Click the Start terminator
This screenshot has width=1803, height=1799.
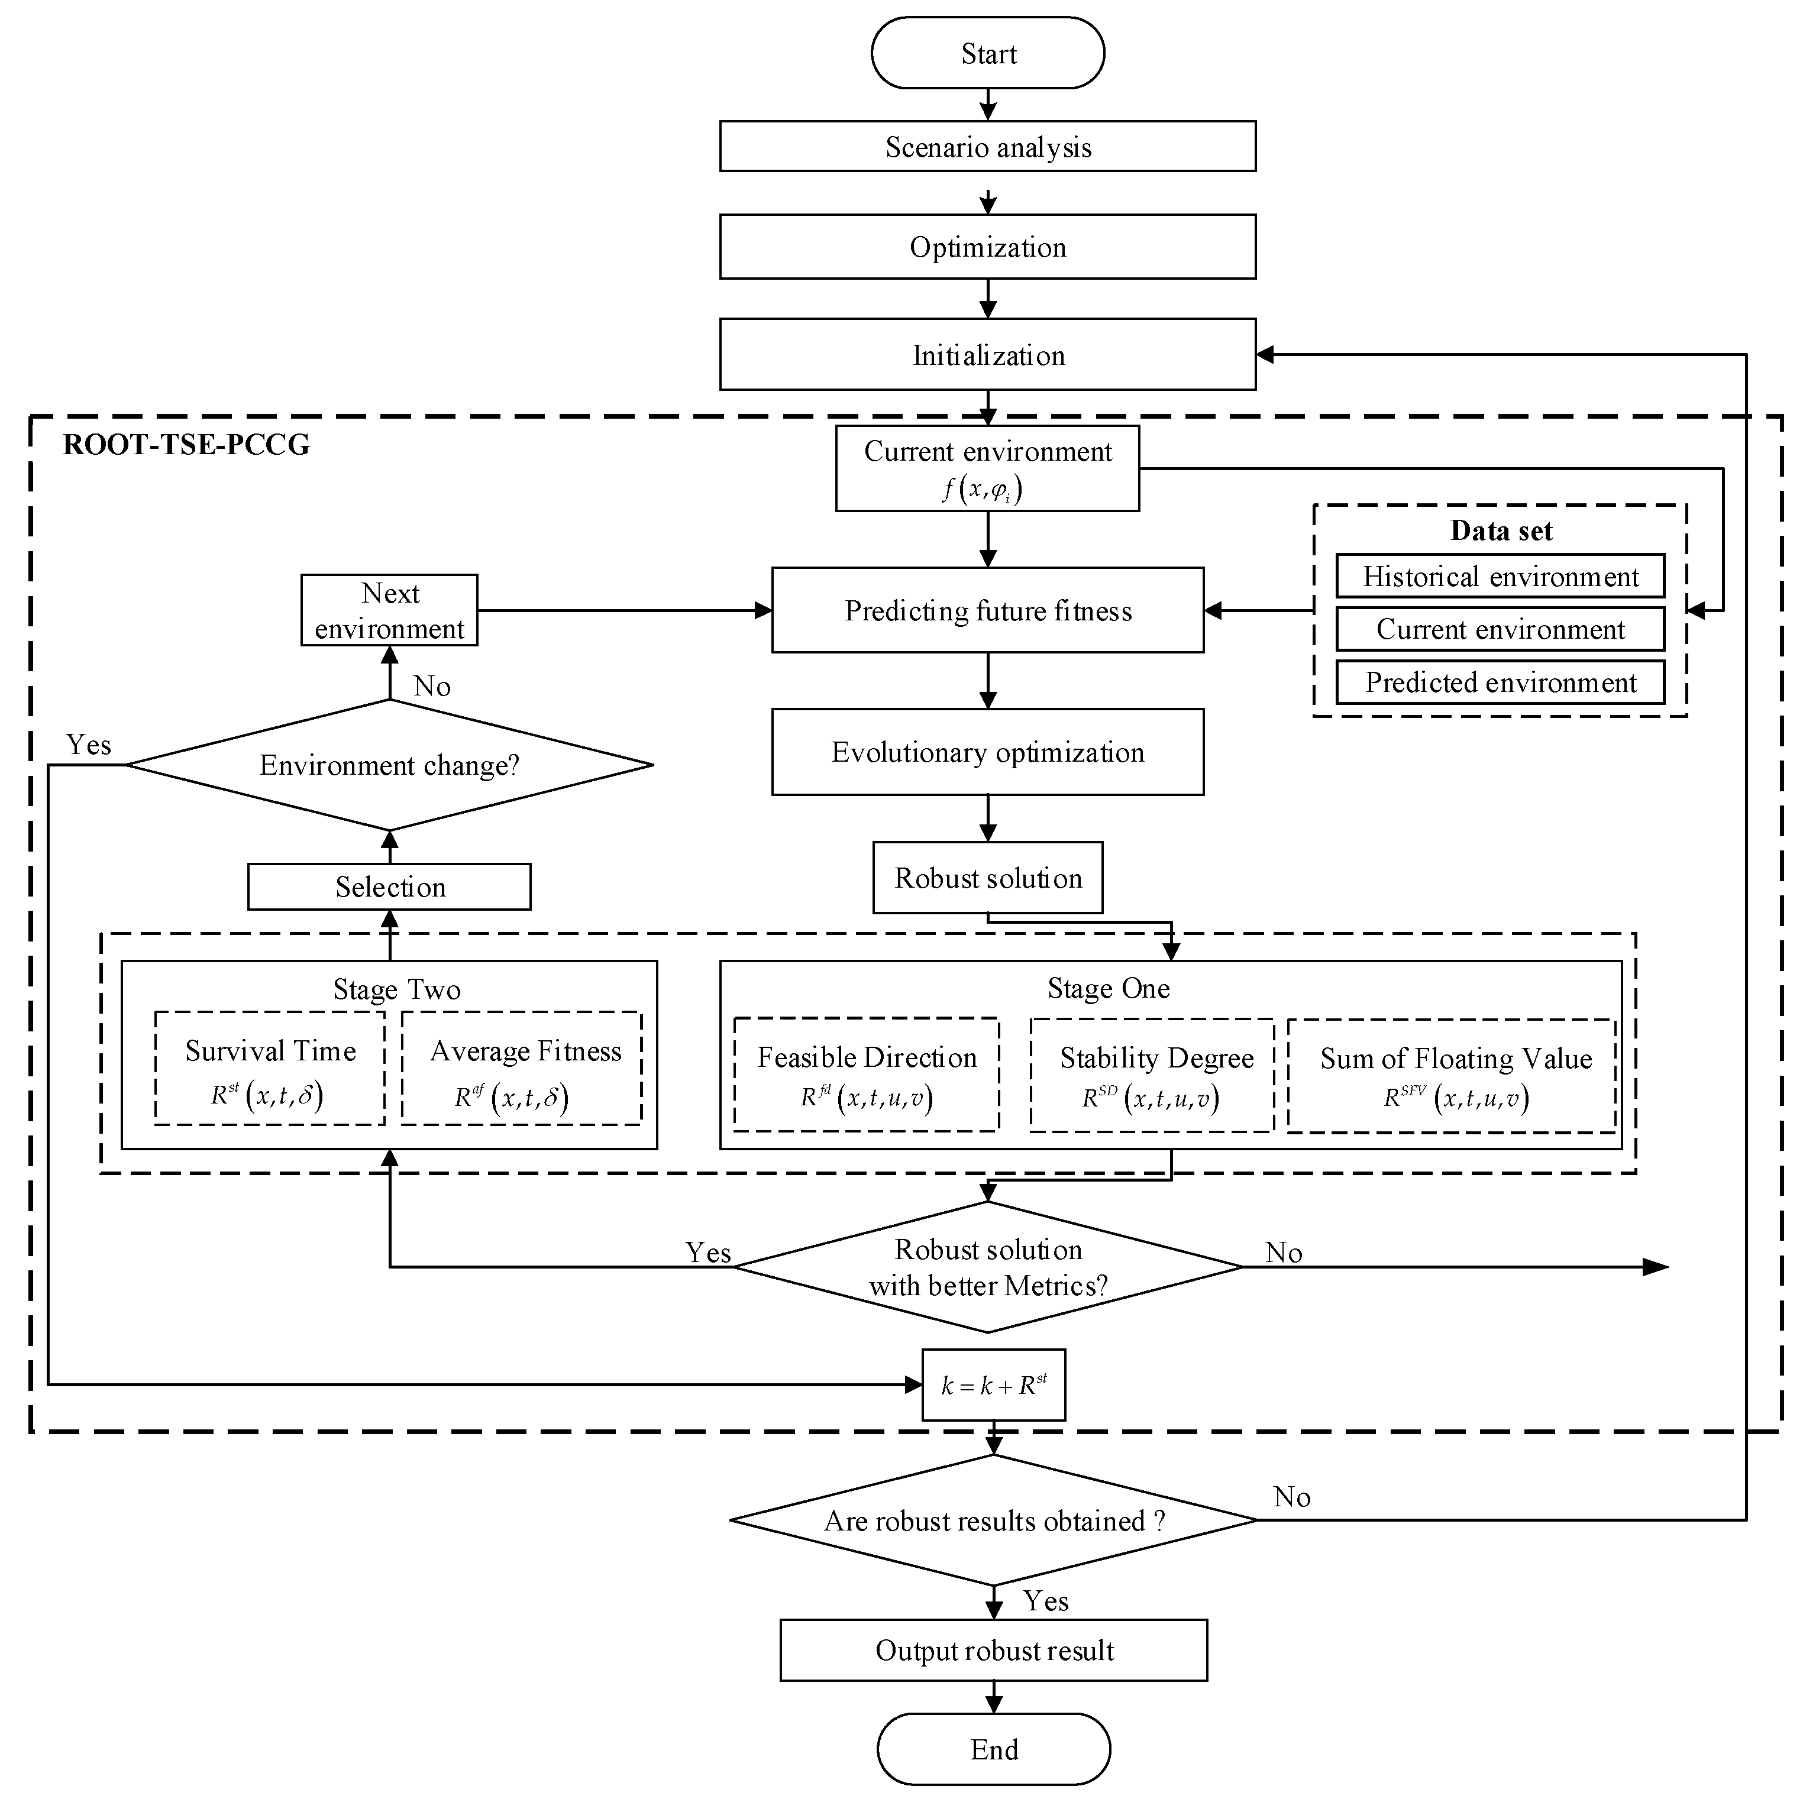point(987,53)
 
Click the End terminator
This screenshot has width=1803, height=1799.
point(993,1749)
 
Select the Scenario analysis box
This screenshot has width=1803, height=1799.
point(987,147)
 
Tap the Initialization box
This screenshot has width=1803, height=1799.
point(987,355)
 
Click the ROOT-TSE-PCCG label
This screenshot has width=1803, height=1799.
point(187,444)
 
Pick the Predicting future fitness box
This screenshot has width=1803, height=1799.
point(987,610)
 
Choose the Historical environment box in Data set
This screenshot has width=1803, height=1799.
point(1500,576)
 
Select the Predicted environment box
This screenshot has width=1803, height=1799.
point(1500,682)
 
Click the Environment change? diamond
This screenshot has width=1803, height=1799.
point(389,765)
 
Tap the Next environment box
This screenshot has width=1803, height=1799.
point(389,610)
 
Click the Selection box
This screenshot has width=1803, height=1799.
point(389,886)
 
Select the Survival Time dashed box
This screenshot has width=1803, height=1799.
point(270,1069)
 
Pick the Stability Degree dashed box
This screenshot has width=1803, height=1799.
point(1152,1075)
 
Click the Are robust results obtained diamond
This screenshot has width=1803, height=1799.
point(993,1521)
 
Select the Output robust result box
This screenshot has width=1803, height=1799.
point(993,1651)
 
